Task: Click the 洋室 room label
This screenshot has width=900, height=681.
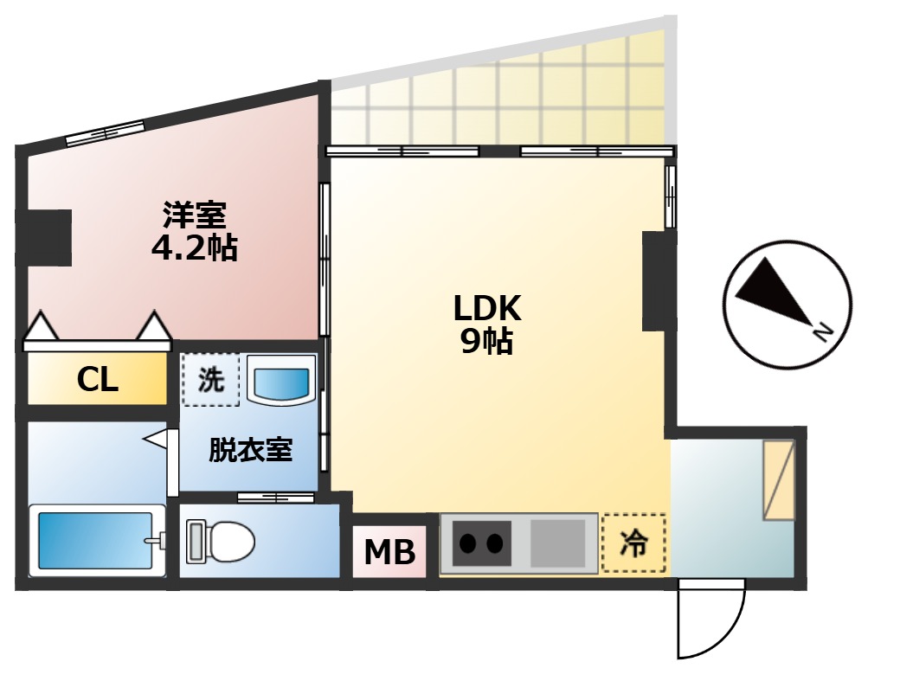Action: (x=194, y=214)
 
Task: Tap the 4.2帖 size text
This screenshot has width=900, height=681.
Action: (x=194, y=248)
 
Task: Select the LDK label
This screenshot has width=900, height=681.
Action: (x=486, y=307)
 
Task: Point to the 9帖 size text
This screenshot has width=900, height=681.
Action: (x=486, y=343)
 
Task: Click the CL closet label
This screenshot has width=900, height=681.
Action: (x=97, y=379)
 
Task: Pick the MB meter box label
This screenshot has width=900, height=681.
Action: (x=389, y=551)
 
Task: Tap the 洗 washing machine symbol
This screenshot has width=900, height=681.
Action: (x=210, y=381)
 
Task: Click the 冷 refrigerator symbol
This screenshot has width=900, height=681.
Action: (x=633, y=543)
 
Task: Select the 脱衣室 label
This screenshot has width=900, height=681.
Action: (x=250, y=450)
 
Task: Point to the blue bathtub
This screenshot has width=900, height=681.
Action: (x=95, y=541)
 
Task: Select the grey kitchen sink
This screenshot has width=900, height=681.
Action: (x=559, y=543)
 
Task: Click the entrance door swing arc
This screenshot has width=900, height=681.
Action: (x=711, y=620)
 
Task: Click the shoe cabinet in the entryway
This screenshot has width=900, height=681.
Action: (x=778, y=480)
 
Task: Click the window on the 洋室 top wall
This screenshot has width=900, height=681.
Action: (x=105, y=132)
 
